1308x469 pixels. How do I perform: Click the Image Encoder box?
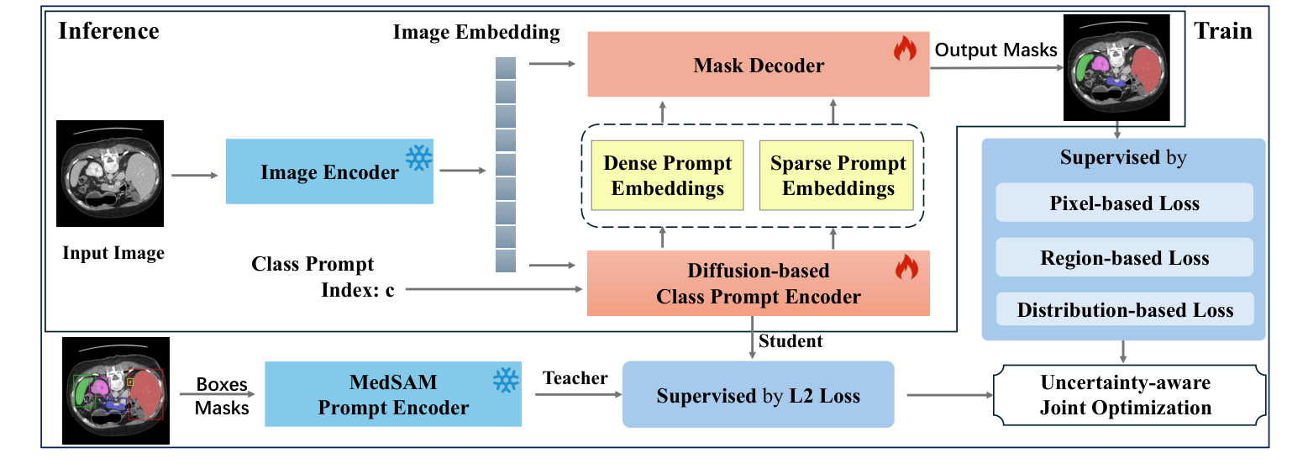(329, 171)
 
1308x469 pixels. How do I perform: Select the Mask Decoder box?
(758, 66)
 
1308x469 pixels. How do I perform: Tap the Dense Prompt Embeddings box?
(667, 175)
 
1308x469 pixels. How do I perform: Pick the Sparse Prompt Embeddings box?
(838, 175)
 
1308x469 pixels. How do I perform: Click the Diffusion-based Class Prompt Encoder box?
(758, 284)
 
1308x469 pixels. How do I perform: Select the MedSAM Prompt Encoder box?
(392, 394)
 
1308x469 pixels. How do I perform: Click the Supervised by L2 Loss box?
(758, 395)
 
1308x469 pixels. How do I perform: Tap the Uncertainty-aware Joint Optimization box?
(1125, 395)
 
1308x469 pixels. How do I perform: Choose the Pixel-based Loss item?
(1124, 203)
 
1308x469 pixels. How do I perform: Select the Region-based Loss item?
(1124, 257)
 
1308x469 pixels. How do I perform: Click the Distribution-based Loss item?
(1124, 310)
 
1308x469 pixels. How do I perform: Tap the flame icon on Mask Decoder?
(905, 50)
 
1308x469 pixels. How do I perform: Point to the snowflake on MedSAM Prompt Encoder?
(505, 380)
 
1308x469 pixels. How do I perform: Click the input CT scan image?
(110, 173)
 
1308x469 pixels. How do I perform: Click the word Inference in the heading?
(108, 32)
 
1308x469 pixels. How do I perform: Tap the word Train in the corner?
(1222, 32)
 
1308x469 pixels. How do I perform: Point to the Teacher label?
(575, 378)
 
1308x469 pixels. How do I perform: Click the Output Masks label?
(995, 50)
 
